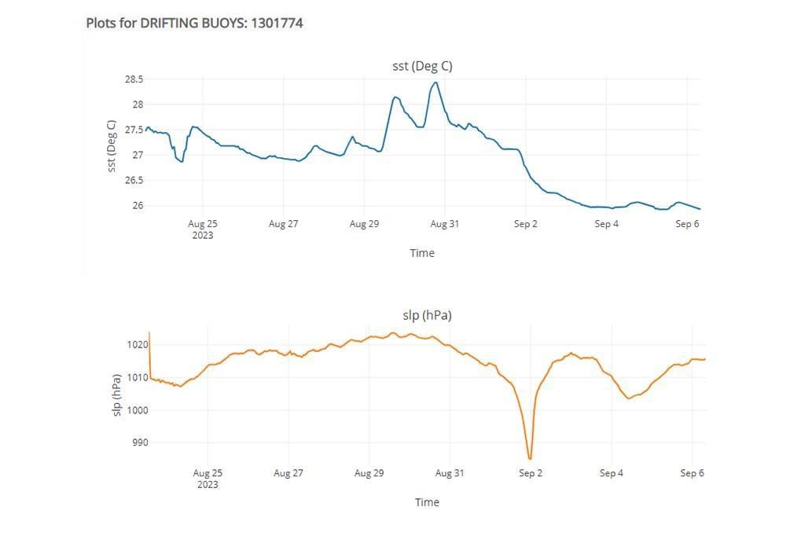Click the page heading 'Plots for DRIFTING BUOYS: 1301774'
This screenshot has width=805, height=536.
pyautogui.click(x=194, y=23)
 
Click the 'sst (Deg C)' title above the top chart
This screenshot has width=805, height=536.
pyautogui.click(x=422, y=66)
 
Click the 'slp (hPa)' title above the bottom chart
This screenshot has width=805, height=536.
pyautogui.click(x=427, y=315)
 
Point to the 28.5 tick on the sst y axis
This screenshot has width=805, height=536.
pyautogui.click(x=134, y=79)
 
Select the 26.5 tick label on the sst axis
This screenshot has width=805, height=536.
pyautogui.click(x=134, y=180)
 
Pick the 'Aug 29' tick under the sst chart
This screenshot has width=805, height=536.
pyautogui.click(x=364, y=224)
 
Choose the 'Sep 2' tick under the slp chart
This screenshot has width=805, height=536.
pyautogui.click(x=531, y=473)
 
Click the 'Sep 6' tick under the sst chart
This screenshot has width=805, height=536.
pyautogui.click(x=687, y=224)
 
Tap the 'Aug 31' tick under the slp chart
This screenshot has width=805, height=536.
pyautogui.click(x=450, y=473)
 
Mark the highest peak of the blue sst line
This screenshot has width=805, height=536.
pyautogui.click(x=435, y=83)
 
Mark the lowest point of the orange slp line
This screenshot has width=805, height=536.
pyautogui.click(x=531, y=458)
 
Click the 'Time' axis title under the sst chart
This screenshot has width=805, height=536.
pyautogui.click(x=422, y=253)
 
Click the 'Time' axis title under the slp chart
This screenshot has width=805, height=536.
pyautogui.click(x=427, y=502)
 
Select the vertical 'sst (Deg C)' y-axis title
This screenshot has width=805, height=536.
pyautogui.click(x=112, y=145)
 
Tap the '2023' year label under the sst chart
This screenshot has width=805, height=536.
pyautogui.click(x=203, y=235)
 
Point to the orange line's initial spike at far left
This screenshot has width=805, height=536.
pyautogui.click(x=149, y=333)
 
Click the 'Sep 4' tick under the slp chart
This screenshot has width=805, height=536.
pyautogui.click(x=611, y=473)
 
